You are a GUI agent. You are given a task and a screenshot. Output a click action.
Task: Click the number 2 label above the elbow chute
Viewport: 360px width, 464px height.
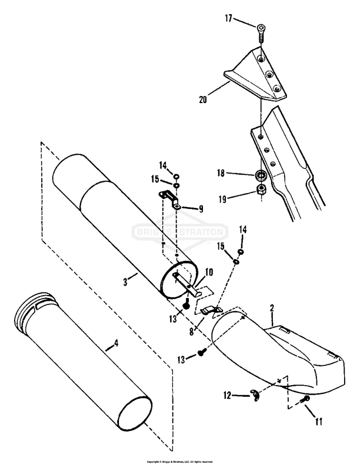272,308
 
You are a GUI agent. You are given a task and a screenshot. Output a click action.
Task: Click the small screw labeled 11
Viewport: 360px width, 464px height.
305,400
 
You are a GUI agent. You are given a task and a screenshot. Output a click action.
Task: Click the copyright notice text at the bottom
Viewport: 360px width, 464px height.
180,460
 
